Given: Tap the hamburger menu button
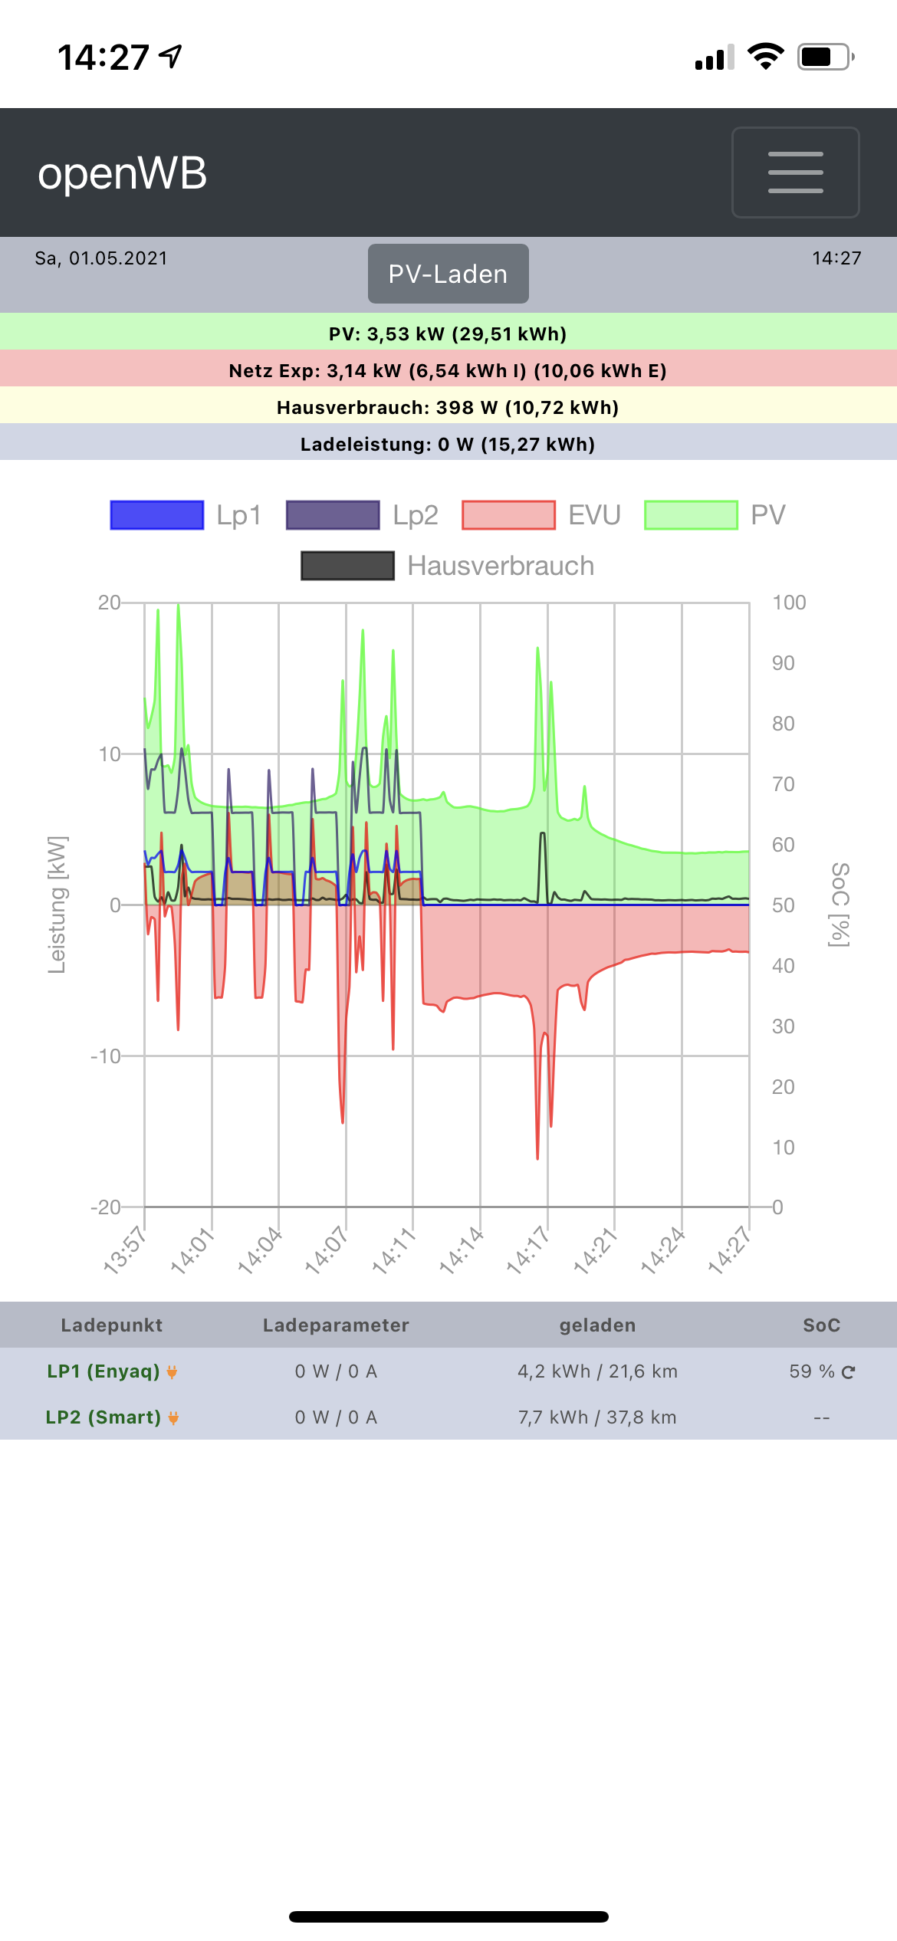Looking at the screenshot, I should [795, 172].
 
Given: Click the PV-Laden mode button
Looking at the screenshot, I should [448, 274].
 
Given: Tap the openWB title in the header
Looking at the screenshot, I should [123, 173].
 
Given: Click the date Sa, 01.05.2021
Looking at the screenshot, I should [101, 258].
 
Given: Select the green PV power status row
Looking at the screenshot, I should [448, 333].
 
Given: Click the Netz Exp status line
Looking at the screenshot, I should [448, 371].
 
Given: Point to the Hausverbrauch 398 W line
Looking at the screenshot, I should [448, 408].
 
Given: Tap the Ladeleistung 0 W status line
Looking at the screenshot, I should [448, 445].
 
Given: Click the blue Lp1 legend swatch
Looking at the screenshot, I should [157, 515].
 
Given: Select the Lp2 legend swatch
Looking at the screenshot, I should [333, 515].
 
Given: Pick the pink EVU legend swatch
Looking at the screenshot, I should [508, 515].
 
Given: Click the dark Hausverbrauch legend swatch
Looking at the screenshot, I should [347, 566].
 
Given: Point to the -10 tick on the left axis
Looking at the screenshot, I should [105, 1056].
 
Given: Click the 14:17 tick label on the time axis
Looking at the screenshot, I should [527, 1250].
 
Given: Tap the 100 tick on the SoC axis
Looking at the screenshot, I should [789, 603].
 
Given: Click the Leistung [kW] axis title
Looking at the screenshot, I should [57, 905].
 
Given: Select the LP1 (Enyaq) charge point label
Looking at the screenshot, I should [103, 1371].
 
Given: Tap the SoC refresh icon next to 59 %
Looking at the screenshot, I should [848, 1372].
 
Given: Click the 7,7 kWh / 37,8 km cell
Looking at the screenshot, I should [597, 1417].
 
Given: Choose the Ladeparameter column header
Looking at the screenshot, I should [336, 1325].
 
